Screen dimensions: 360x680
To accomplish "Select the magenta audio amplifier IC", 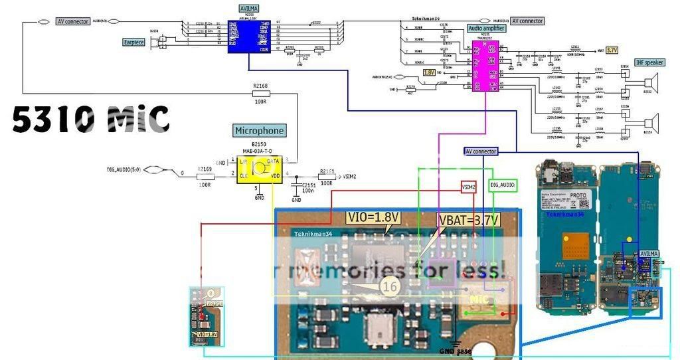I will click(485, 67).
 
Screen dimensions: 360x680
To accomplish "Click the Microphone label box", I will click(259, 131).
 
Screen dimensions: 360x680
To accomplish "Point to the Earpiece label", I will click(134, 42).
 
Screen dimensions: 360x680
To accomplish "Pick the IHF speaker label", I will click(649, 62).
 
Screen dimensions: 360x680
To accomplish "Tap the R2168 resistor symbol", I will click(260, 94).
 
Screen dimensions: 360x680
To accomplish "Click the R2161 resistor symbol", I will click(325, 177).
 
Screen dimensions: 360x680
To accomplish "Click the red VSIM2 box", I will click(469, 188).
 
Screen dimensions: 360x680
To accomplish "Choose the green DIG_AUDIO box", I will click(503, 185).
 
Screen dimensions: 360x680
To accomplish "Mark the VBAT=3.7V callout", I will click(467, 221).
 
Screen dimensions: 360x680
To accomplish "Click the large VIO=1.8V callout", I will click(373, 217).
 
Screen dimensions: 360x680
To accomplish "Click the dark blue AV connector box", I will click(490, 151).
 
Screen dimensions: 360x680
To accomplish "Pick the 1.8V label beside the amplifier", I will click(429, 72).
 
